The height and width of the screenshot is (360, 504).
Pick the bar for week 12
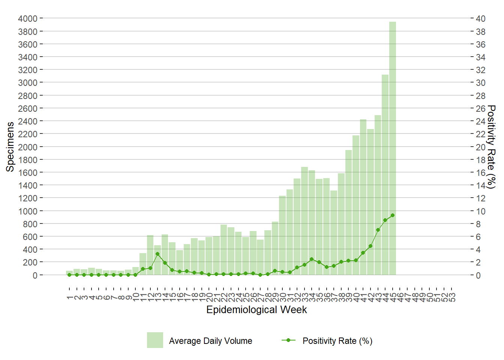coord(150,255)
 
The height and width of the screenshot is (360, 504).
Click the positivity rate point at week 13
coord(157,254)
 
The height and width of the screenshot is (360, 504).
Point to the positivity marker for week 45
coord(393,215)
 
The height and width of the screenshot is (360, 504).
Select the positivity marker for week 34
coord(312,259)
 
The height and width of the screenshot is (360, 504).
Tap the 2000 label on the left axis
coord(28,147)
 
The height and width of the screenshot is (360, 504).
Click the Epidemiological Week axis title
coord(256,310)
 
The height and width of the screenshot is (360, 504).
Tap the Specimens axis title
coord(10,147)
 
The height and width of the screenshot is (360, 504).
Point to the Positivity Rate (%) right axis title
coord(491,147)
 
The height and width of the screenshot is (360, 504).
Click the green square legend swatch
coord(155,340)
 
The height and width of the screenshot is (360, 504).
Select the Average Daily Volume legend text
coord(210,341)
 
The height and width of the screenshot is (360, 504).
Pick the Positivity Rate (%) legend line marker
coord(288,340)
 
